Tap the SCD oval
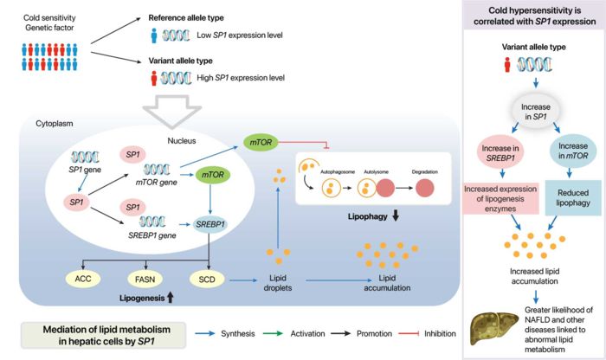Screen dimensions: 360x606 tap(208, 280)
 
